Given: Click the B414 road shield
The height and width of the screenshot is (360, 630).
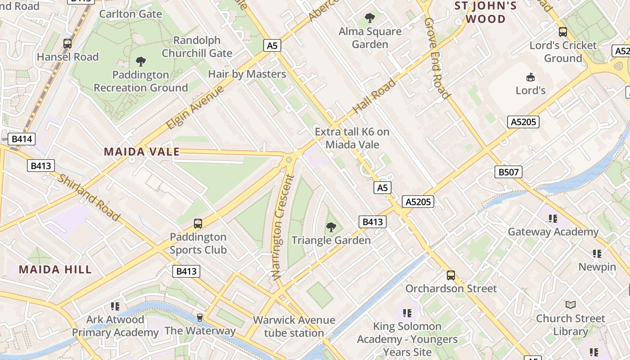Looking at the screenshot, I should tap(22, 139).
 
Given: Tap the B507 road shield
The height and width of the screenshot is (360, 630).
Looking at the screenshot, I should tap(508, 171).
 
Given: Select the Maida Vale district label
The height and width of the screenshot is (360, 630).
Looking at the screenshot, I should tap(142, 152).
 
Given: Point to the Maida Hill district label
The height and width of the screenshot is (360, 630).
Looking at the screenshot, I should tap(55, 270).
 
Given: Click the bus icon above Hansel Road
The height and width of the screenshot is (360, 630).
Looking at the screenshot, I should tap(67, 44).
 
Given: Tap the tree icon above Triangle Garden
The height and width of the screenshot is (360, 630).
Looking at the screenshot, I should tap(331, 227).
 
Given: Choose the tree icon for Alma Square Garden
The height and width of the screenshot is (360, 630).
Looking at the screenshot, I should tap(370, 18).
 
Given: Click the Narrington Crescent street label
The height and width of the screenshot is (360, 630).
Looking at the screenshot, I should tap(283, 227).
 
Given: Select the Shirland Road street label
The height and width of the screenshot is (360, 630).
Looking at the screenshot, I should tap(89, 198).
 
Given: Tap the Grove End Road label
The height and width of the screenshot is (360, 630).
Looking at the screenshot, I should tap(436, 58).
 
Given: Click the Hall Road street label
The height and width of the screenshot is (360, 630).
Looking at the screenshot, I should tap(374, 96).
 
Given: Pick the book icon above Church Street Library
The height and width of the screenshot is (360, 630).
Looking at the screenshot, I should tap(571, 305).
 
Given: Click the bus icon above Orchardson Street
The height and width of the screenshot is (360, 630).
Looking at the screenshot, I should tap(451, 275).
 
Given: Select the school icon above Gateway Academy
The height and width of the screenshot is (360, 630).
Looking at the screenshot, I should tap(553, 219).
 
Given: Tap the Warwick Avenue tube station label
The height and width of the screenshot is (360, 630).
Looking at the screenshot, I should tap(294, 327).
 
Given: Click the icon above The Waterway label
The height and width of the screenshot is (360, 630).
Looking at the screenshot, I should tap(200, 318).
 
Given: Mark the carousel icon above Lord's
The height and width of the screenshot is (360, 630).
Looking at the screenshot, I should tap(531, 77).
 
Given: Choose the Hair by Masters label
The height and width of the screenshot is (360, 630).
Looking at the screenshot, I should tap(247, 74).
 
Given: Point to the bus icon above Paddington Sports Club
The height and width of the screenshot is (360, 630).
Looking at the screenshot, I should tap(198, 223).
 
